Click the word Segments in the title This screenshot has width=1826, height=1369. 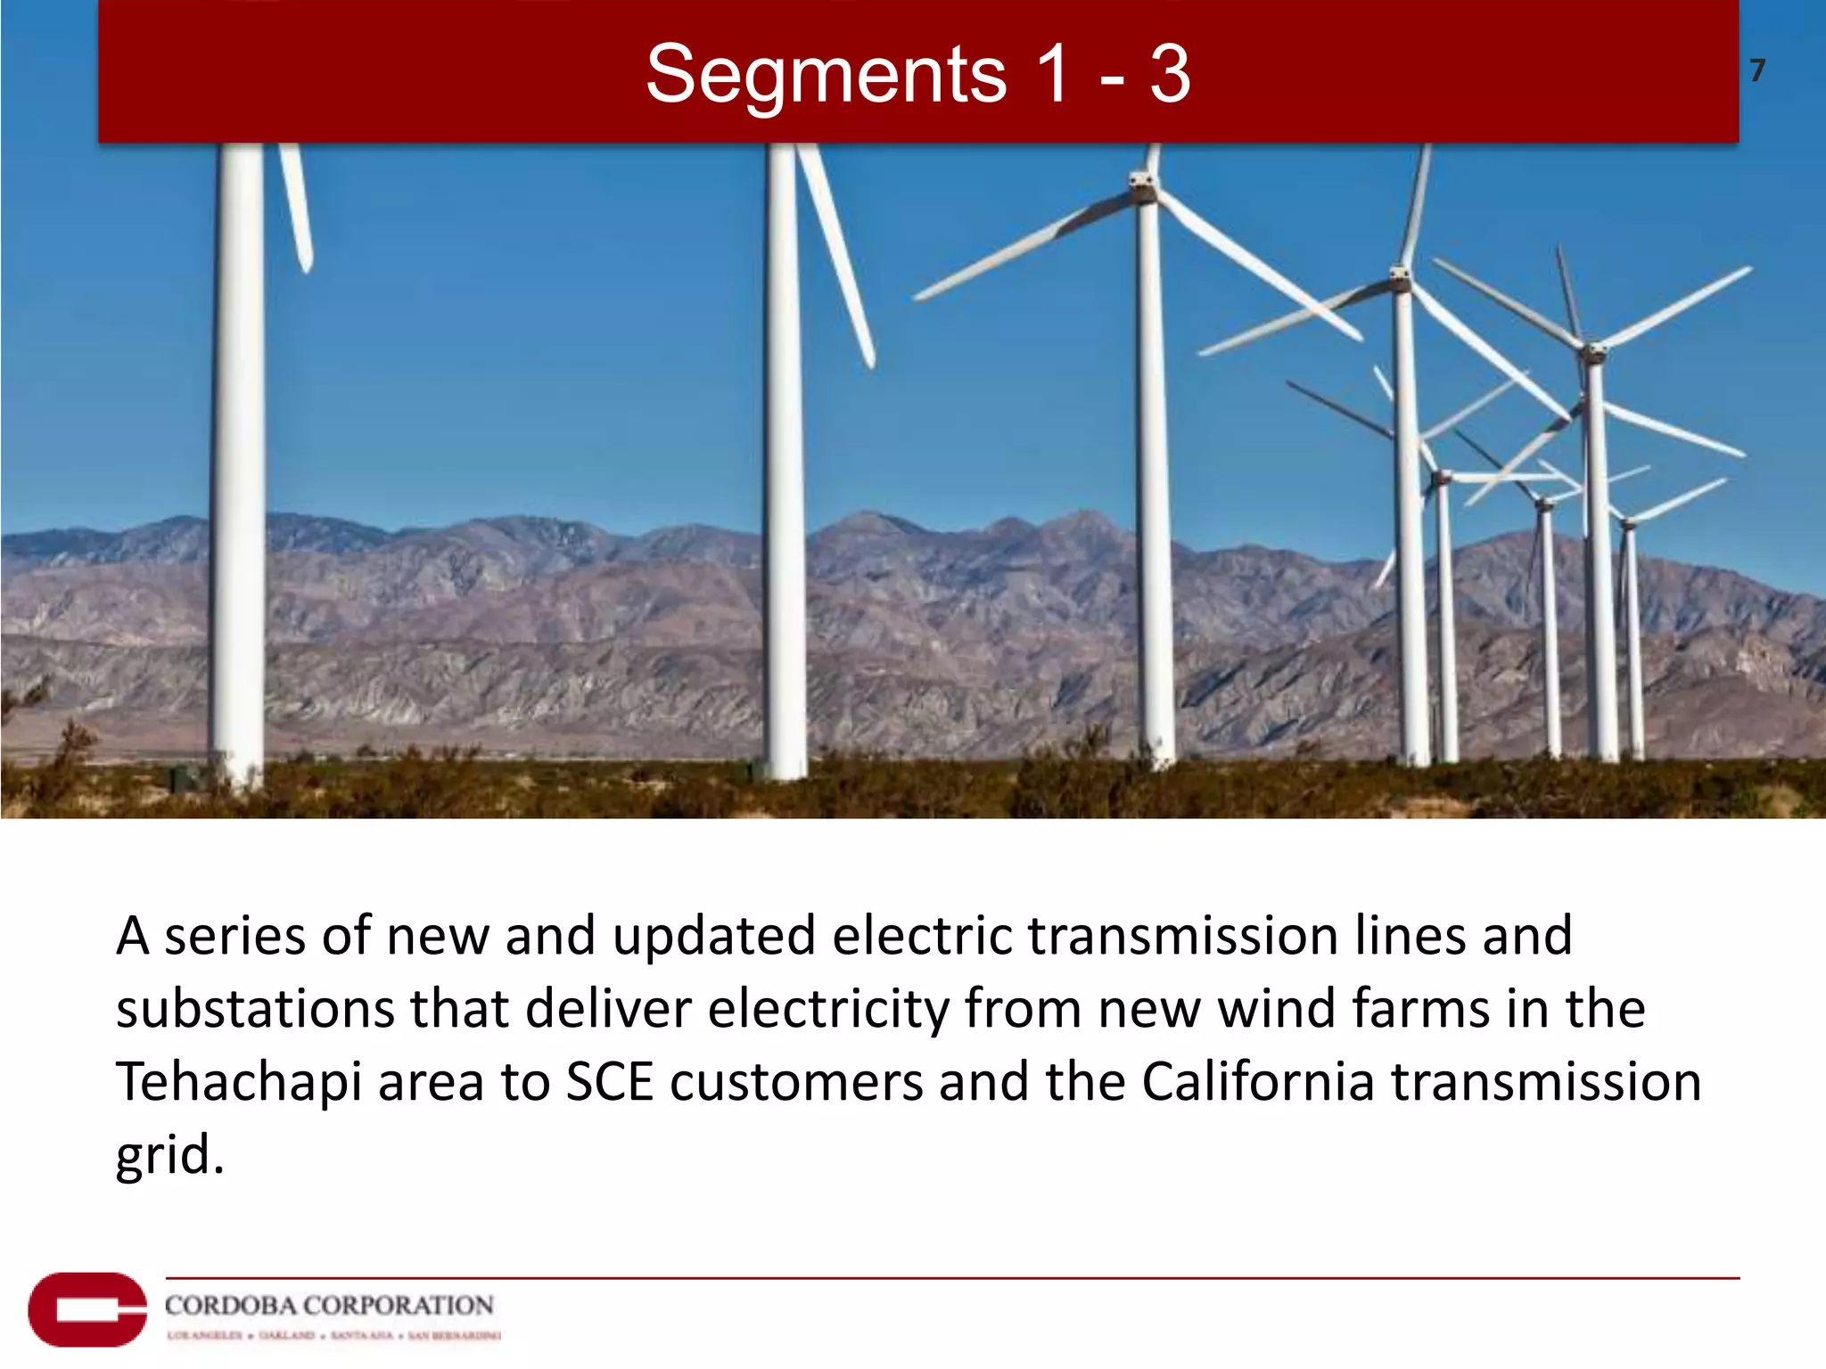click(826, 75)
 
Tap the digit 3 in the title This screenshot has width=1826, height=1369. click(1169, 75)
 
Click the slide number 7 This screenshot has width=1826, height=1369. click(1756, 70)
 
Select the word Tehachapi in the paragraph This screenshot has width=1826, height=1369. click(238, 1083)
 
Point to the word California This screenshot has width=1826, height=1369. click(1258, 1083)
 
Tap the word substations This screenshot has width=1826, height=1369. click(255, 1010)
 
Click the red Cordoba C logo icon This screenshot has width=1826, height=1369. click(86, 1309)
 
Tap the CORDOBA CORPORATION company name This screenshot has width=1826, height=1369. click(329, 1306)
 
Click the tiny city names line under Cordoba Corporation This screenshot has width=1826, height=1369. click(333, 1335)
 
